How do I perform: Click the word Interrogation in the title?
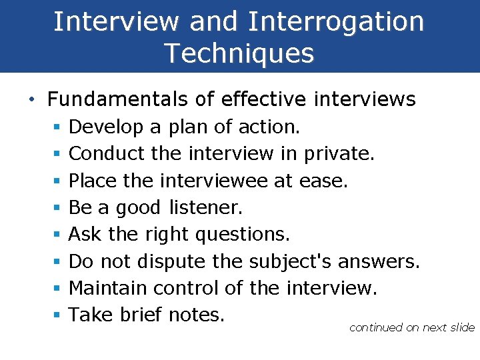336,21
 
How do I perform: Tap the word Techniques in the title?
239,53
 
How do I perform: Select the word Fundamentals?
117,100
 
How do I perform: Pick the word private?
339,154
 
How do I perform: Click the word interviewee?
221,181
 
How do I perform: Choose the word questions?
243,234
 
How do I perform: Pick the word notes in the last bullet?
197,315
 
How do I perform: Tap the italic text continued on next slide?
411,327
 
